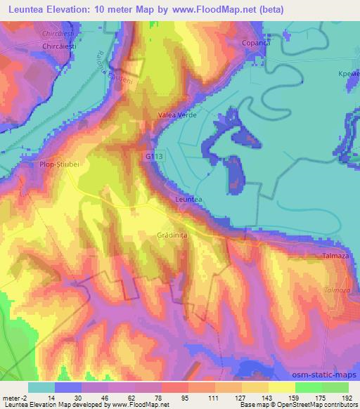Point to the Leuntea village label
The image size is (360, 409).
[x=188, y=200]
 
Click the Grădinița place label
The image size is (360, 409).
[x=172, y=236]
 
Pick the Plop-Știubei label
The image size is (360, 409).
[x=50, y=166]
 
